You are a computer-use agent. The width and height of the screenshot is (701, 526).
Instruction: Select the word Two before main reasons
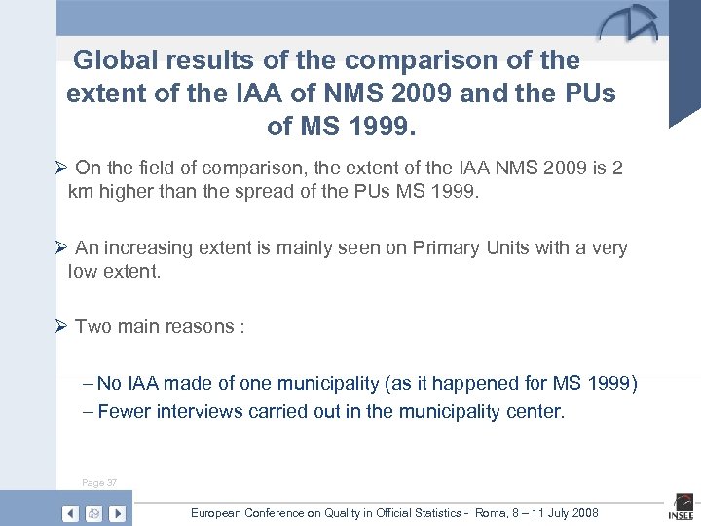tap(94, 326)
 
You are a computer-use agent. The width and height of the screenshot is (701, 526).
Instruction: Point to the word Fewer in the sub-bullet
tap(125, 411)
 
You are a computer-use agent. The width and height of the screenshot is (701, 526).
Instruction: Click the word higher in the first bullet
tap(128, 191)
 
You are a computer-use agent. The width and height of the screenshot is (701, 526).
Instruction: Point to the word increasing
tap(148, 248)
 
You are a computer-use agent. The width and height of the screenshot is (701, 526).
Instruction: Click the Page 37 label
tap(98, 482)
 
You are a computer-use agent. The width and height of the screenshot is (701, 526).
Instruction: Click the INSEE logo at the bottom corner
tap(681, 509)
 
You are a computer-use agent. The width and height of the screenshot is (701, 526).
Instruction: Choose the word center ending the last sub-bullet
tap(535, 411)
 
